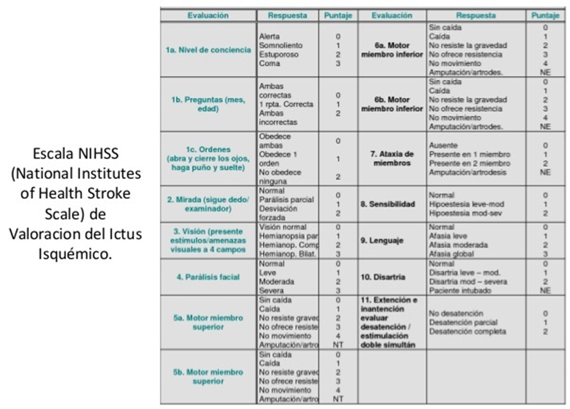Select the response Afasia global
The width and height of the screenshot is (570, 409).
pyautogui.click(x=453, y=254)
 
